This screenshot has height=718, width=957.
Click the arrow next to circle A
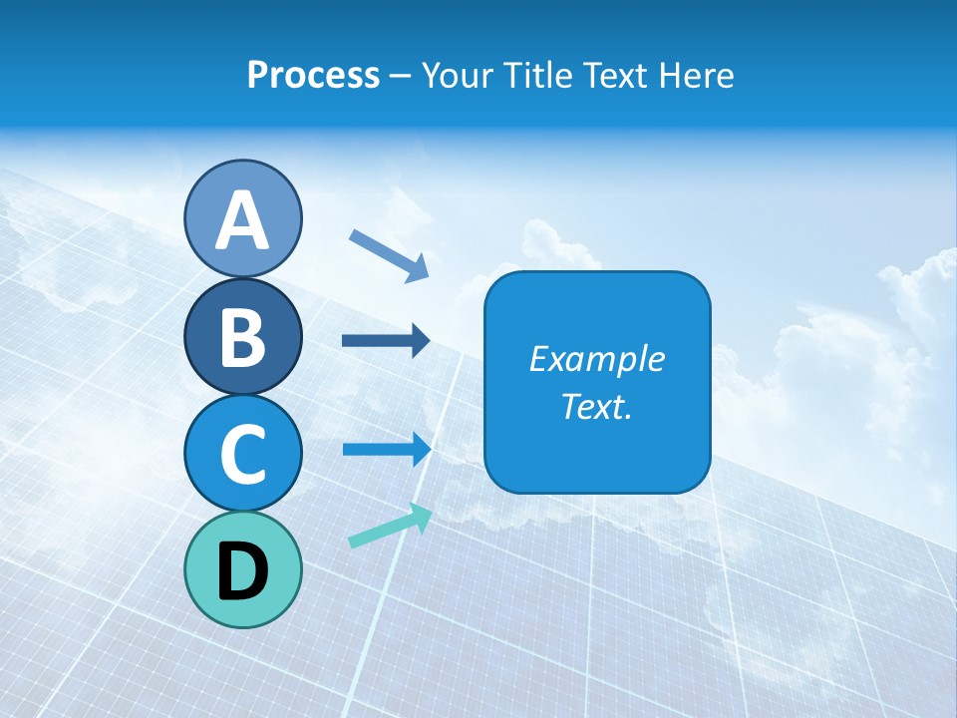pos(389,254)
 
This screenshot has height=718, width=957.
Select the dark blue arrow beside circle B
pos(386,341)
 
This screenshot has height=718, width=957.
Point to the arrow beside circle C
pos(386,449)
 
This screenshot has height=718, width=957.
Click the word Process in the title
pos(313,76)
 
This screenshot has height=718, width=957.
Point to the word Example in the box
pos(596,360)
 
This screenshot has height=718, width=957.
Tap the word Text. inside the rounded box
pos(596,407)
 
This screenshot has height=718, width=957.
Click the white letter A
pos(242,220)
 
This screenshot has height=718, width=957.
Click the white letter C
pos(242,454)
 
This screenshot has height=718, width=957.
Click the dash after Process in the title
pos(401,77)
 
